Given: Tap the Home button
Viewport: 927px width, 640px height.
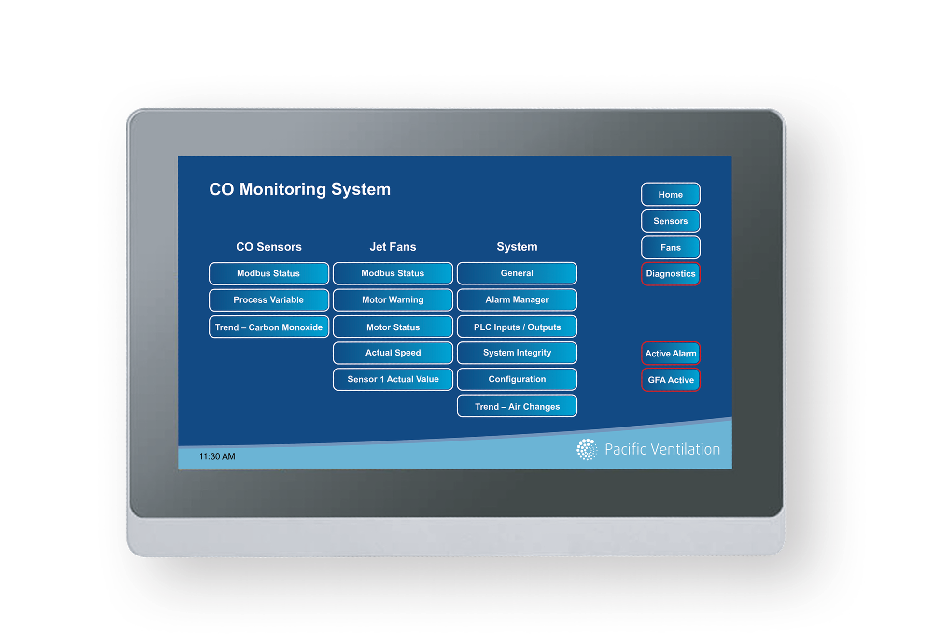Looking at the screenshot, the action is coord(670,194).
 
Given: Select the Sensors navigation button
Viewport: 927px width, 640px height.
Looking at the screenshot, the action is coord(670,221).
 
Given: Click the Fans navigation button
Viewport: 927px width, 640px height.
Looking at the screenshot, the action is coord(670,247).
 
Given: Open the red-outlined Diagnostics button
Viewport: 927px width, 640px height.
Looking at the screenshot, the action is coord(670,274).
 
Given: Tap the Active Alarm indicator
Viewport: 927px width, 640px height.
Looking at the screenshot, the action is coord(670,353).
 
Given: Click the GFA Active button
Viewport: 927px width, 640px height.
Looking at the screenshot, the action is coord(670,380).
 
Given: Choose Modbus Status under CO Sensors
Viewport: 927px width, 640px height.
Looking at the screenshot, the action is coord(268,273).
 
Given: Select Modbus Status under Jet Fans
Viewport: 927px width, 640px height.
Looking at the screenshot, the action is coord(393,273).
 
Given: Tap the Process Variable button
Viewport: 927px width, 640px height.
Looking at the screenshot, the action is coord(268,300).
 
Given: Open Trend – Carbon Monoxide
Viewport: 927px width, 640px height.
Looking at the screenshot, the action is coord(268,327).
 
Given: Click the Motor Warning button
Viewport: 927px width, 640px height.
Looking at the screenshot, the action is coord(393,300).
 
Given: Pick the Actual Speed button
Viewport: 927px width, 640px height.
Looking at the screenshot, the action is coord(393,353).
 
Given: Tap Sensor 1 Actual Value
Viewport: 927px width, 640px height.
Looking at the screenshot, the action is coord(393,379).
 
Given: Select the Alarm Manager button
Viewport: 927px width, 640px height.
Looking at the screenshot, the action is coord(517,300).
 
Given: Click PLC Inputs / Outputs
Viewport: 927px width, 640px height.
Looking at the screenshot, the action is coord(517,327).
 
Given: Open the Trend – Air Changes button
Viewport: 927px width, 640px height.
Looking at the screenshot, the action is coord(517,406).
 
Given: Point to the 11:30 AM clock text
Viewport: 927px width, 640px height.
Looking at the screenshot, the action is coord(217,456).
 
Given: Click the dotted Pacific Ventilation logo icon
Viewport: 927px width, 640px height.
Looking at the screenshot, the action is coord(587,449).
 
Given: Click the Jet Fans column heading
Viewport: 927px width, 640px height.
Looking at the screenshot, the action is coord(393,247).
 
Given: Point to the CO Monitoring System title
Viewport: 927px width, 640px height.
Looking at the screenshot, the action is coord(300,189).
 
